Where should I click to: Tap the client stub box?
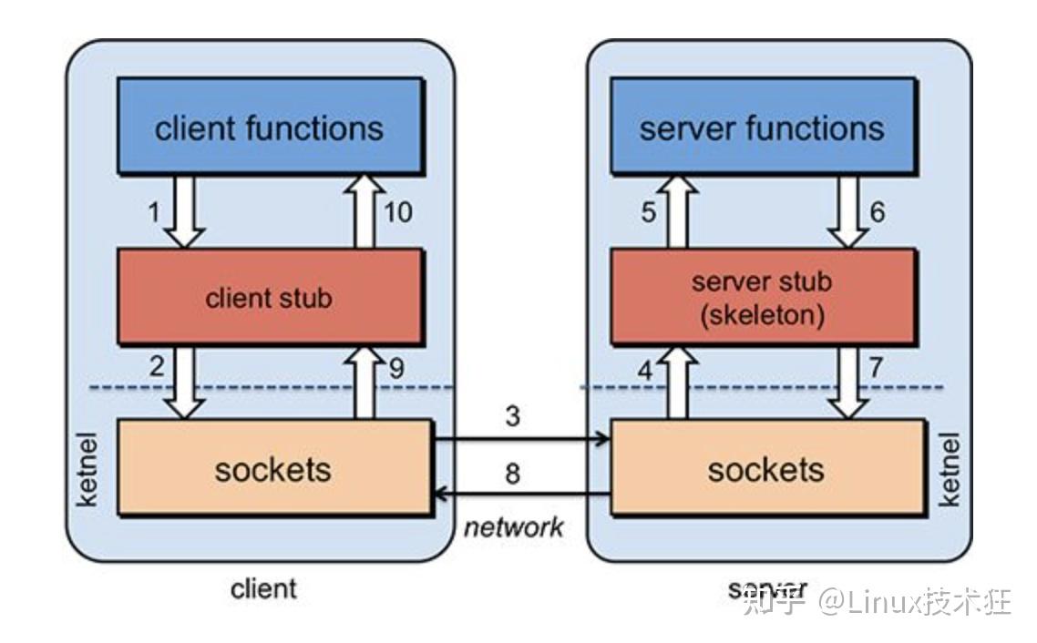click(269, 297)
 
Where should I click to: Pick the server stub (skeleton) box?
click(762, 297)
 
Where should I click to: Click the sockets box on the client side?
click(272, 468)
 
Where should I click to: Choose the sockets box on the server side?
click(766, 468)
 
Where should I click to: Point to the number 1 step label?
click(153, 212)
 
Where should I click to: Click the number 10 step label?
click(397, 212)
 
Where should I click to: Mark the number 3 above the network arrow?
click(513, 416)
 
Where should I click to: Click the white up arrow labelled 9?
click(364, 382)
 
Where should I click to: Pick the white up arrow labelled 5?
click(675, 211)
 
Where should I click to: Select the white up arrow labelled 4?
click(675, 383)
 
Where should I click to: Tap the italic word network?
click(514, 526)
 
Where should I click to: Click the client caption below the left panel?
click(263, 587)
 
